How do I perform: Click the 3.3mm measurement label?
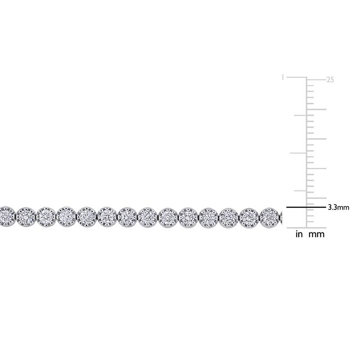(338, 207)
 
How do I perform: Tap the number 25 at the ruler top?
(330, 80)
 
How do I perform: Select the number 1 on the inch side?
(283, 77)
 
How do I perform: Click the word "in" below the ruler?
(299, 234)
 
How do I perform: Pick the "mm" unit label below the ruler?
(317, 234)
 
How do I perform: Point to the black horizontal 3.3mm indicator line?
(306, 207)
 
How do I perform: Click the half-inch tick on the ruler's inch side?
(298, 153)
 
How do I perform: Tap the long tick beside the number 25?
(316, 80)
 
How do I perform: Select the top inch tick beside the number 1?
(297, 77)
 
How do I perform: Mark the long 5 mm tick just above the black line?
(316, 198)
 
